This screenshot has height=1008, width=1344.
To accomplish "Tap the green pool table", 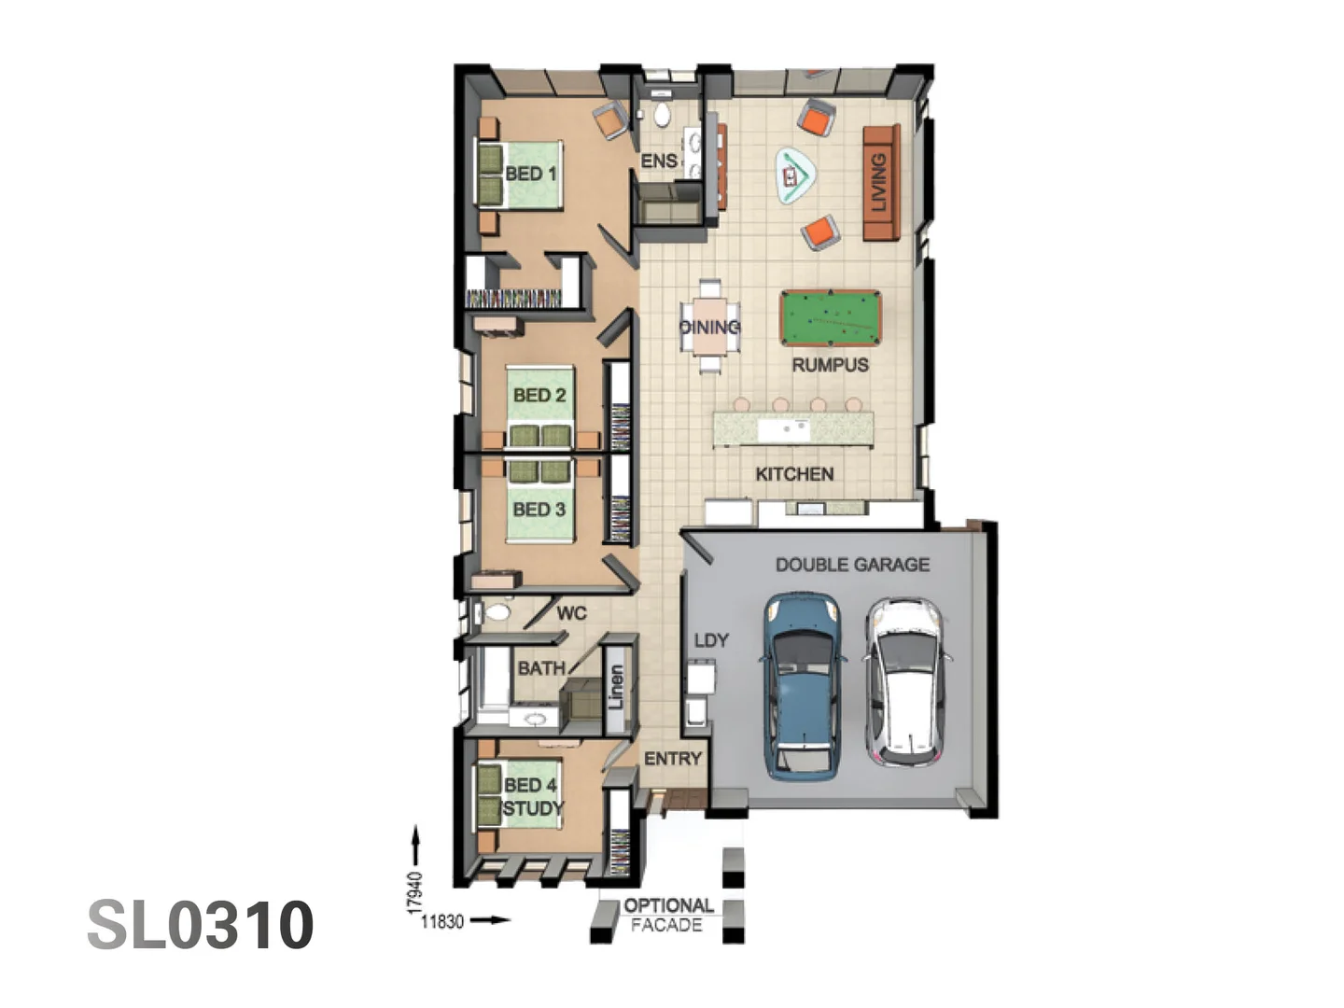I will pos(830,318).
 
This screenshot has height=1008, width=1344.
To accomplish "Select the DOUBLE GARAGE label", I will pos(852,565).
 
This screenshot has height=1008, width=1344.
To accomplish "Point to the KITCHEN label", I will pos(794,474).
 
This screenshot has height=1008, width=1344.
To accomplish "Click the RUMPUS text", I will pos(830,365).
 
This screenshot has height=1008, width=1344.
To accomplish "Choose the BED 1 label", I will pos(530,174).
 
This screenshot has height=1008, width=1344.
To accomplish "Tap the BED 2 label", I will pos(539,395).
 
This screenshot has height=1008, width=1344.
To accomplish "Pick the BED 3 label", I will pos(539,510).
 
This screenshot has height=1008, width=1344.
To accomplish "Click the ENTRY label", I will pos(672,759).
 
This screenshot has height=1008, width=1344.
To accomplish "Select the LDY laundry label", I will pos(711,640).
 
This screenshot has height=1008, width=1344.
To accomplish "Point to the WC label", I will pos(571,613).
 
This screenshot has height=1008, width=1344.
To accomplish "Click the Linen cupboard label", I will pos(615,686).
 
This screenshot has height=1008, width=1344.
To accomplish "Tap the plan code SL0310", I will pos(201,925).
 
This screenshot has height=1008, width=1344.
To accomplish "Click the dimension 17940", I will pos(415,893).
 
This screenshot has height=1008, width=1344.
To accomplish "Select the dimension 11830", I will pos(442,921).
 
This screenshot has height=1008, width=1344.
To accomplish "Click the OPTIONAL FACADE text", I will pos(668,915).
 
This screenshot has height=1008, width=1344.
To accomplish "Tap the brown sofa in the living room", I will pos(880,182).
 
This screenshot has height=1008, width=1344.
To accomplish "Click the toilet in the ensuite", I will pos(662,115).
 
